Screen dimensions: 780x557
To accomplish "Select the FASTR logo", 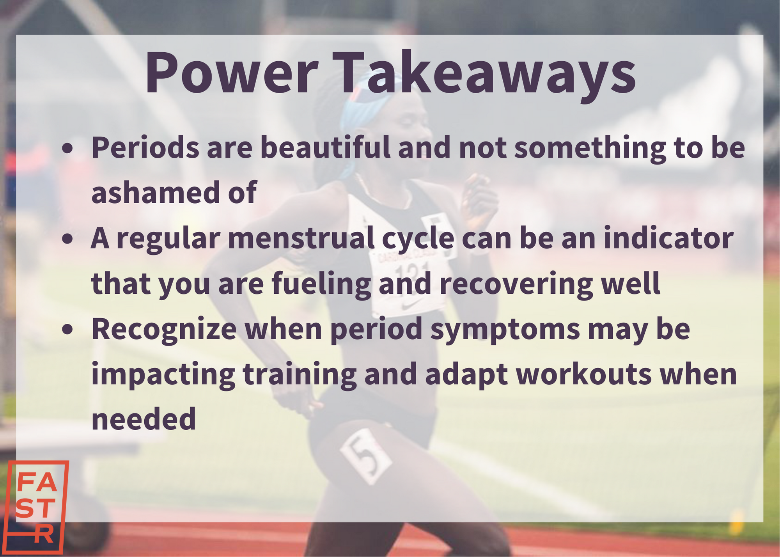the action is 38,507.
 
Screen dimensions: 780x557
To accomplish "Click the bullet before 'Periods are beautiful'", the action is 67,148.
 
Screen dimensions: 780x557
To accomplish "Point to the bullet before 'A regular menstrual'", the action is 67,239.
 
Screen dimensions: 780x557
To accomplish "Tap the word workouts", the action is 584,374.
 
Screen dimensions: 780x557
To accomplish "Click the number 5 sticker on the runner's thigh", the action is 366,456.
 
